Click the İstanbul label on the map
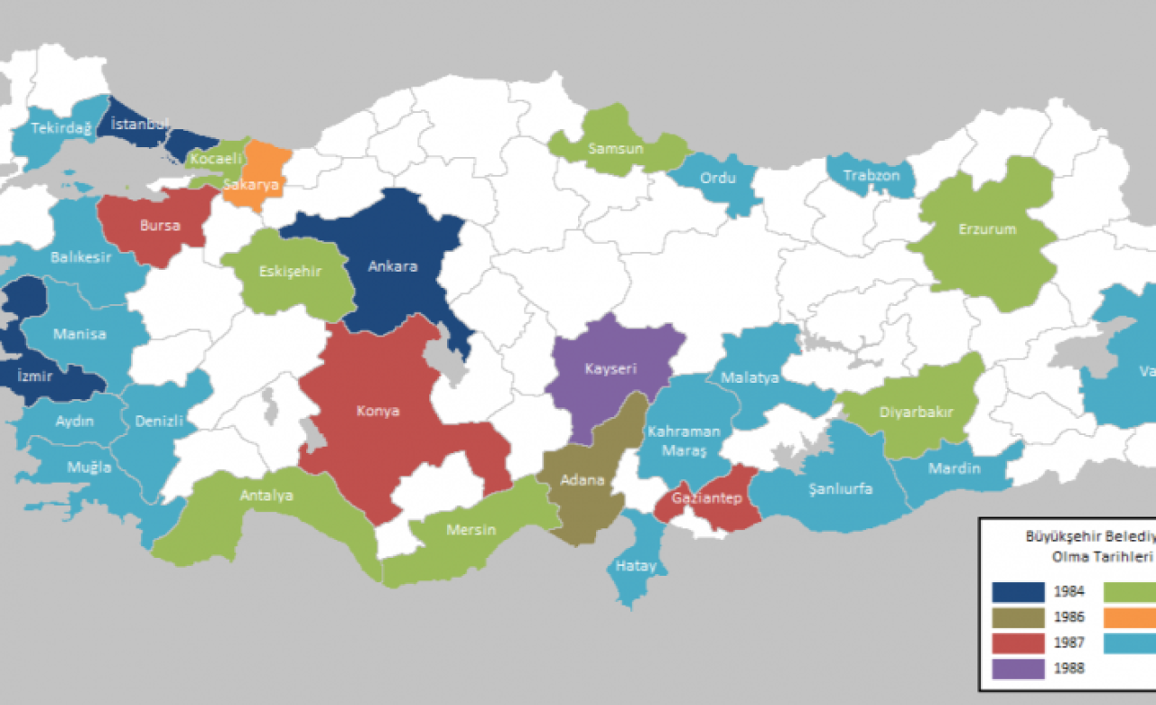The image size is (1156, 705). tap(139, 124)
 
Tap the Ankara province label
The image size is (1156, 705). tap(393, 266)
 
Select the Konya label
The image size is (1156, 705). tap(378, 411)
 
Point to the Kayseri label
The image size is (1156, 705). tap(611, 369)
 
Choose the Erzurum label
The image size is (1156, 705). tap(987, 229)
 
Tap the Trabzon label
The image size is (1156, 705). tap(872, 175)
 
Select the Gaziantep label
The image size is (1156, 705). tap(707, 499)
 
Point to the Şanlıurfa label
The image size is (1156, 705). tap(840, 489)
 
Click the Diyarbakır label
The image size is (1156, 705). tap(916, 413)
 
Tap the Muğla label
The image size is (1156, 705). tap(89, 467)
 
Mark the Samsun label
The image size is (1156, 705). tap(615, 148)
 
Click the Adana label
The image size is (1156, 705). tap(583, 479)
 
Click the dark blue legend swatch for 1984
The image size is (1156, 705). tap(1018, 592)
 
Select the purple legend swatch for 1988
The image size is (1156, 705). tap(1018, 668)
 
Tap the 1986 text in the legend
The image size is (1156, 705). tap(1069, 618)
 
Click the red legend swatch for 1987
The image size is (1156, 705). tap(1018, 643)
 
